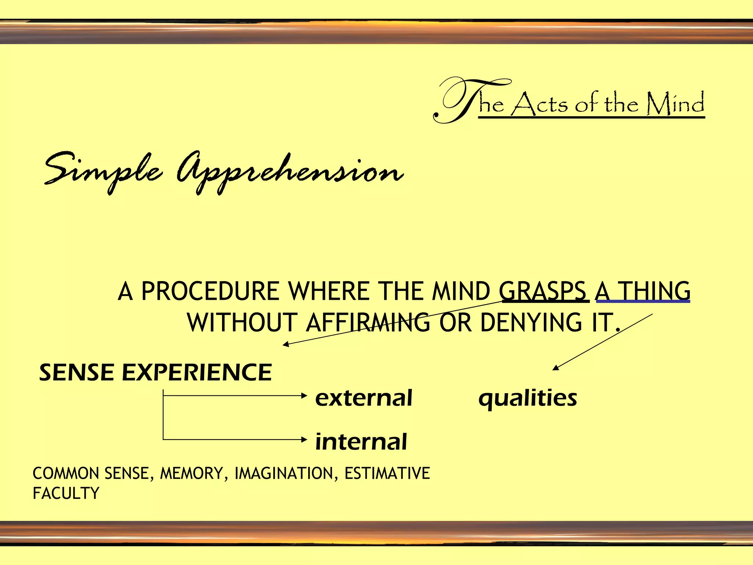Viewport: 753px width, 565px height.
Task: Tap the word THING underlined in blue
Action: tap(655, 291)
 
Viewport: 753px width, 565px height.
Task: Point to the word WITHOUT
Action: tap(242, 323)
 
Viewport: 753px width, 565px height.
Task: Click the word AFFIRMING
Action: tap(368, 323)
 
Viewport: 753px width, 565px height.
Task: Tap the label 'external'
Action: tap(364, 398)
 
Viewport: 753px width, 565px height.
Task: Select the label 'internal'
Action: tap(361, 441)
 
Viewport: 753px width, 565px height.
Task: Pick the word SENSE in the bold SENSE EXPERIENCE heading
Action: tap(77, 372)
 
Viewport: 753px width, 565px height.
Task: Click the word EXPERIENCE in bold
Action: tap(197, 372)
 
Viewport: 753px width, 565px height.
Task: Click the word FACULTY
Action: tap(66, 493)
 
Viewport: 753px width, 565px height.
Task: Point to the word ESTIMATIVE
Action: tap(387, 473)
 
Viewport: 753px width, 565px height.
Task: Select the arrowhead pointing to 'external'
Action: tap(304, 396)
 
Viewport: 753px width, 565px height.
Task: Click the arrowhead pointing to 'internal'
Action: tap(304, 439)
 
